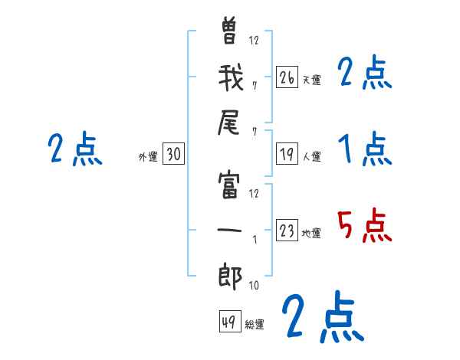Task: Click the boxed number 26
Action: coord(287,78)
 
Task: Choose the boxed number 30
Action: coord(173,155)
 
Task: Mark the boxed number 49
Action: coord(228,322)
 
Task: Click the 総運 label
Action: coord(254,325)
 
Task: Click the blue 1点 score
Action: coord(363,149)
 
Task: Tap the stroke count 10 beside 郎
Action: coord(253,286)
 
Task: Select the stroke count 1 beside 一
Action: coord(254,239)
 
